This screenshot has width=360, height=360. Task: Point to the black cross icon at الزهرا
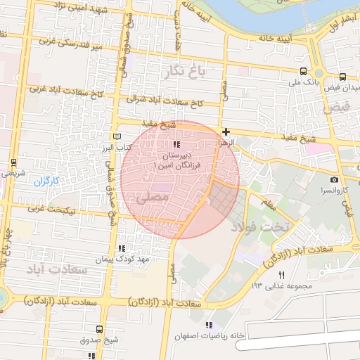click(x=226, y=131)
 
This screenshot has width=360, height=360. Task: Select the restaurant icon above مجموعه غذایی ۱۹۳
click(x=282, y=274)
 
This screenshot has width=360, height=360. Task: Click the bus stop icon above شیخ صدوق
click(x=99, y=328)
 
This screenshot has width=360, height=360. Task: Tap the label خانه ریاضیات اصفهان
click(x=212, y=335)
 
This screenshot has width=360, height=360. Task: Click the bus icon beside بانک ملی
click(x=303, y=71)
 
